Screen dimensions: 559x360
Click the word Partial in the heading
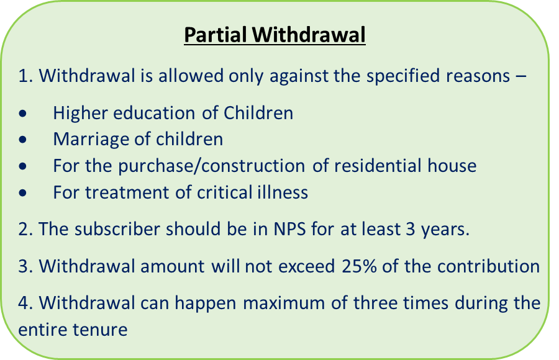[216, 35]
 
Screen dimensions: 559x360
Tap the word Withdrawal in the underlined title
[309, 35]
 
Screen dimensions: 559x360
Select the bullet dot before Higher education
[23, 114]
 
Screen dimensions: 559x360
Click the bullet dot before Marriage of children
[23, 140]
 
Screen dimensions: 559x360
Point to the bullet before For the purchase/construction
[23, 166]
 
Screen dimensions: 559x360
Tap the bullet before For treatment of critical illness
[23, 193]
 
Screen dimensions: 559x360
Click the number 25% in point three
[359, 266]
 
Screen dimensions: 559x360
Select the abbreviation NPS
[290, 228]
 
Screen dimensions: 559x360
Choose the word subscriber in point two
[117, 228]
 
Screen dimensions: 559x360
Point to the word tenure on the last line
[100, 330]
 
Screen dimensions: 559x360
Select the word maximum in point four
[283, 304]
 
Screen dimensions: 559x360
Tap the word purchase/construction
[211, 166]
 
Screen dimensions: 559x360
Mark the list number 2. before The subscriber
[25, 229]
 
